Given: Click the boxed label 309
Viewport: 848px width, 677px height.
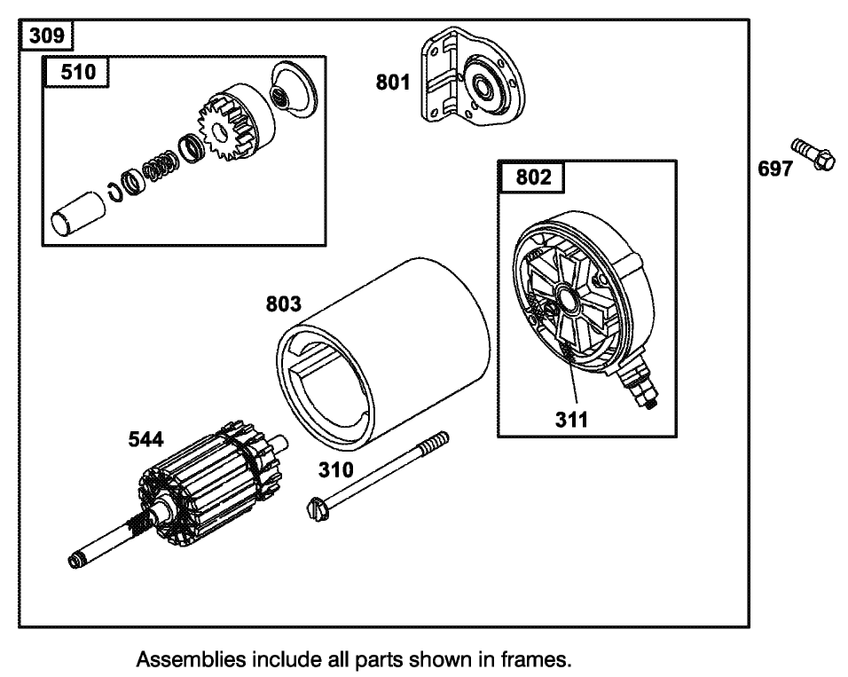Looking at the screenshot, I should tap(45, 36).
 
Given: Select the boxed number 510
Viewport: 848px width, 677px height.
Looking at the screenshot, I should tap(77, 72).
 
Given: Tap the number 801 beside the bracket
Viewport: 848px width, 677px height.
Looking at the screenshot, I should tap(393, 83).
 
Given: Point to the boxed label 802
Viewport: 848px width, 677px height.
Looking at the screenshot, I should tap(533, 177).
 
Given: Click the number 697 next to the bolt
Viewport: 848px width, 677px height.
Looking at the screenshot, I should tap(774, 168).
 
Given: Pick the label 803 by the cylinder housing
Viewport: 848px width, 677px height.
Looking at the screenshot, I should tap(284, 304).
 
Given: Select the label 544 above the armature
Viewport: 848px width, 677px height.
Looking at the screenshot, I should tap(145, 440).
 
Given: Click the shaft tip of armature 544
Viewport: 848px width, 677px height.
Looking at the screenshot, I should tap(75, 560).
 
